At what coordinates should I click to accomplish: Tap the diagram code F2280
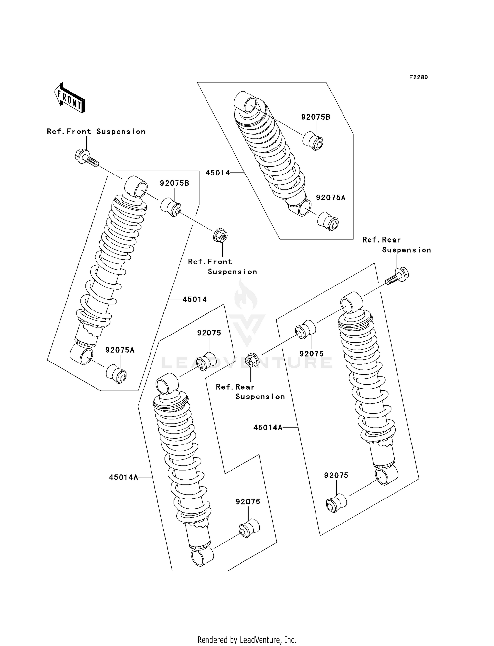[418, 77]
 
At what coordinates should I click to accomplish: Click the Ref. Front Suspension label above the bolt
[96, 132]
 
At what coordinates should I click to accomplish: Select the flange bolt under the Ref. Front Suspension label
[86, 158]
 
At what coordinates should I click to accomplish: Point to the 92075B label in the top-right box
[316, 117]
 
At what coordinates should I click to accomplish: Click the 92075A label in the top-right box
[331, 198]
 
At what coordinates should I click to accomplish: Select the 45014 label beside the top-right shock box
[217, 173]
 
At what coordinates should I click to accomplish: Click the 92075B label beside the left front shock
[175, 183]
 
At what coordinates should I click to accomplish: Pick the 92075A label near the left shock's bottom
[120, 350]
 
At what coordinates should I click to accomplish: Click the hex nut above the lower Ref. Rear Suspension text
[252, 360]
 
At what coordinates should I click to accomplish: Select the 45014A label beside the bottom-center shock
[123, 477]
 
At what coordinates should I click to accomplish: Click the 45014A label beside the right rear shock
[268, 428]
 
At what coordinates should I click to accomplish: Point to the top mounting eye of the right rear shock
[351, 302]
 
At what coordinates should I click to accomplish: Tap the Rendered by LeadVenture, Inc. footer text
[247, 640]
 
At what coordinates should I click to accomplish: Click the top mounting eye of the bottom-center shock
[167, 384]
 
